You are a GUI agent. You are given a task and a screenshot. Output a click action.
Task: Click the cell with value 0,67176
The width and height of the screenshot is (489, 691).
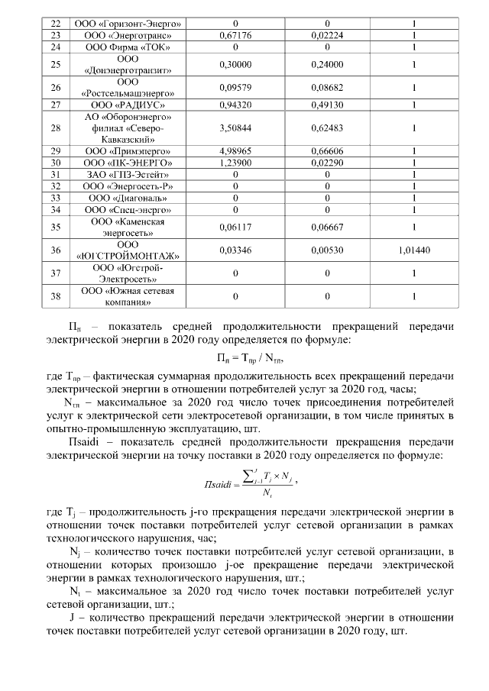(x=235, y=35)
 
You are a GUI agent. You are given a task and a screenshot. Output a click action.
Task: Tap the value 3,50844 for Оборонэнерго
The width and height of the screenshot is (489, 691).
(x=235, y=128)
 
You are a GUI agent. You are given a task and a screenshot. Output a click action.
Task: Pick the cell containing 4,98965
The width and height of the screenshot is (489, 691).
(x=235, y=152)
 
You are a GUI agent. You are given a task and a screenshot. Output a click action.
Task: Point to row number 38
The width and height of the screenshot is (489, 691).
(x=55, y=297)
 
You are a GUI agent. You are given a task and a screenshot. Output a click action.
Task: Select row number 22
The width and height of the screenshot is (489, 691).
(x=55, y=24)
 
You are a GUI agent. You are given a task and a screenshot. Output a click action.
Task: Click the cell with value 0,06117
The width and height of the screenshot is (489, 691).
(x=235, y=227)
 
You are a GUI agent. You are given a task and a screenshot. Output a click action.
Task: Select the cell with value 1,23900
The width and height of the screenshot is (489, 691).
(x=235, y=163)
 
